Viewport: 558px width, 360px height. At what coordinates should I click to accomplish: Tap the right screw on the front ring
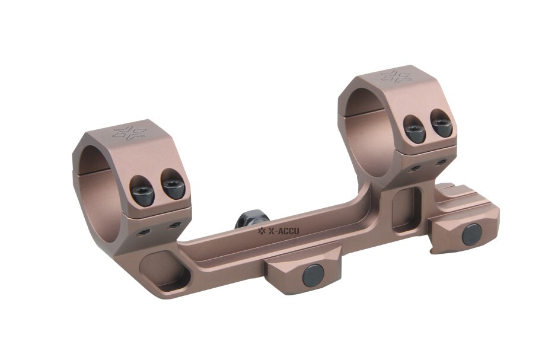[173, 189]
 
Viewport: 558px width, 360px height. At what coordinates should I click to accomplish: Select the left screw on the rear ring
[415, 132]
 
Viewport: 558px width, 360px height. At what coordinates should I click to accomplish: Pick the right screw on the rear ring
[441, 127]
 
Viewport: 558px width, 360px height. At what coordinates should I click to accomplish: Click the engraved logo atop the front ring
[129, 132]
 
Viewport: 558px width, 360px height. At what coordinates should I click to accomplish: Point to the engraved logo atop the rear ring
[396, 76]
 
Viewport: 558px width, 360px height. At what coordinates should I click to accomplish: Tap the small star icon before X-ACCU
[261, 231]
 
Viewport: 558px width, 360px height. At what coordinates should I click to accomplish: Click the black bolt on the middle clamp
[313, 275]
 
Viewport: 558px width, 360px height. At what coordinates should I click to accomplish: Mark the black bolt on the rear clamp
[472, 234]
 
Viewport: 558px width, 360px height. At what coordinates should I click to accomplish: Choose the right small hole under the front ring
[175, 225]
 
